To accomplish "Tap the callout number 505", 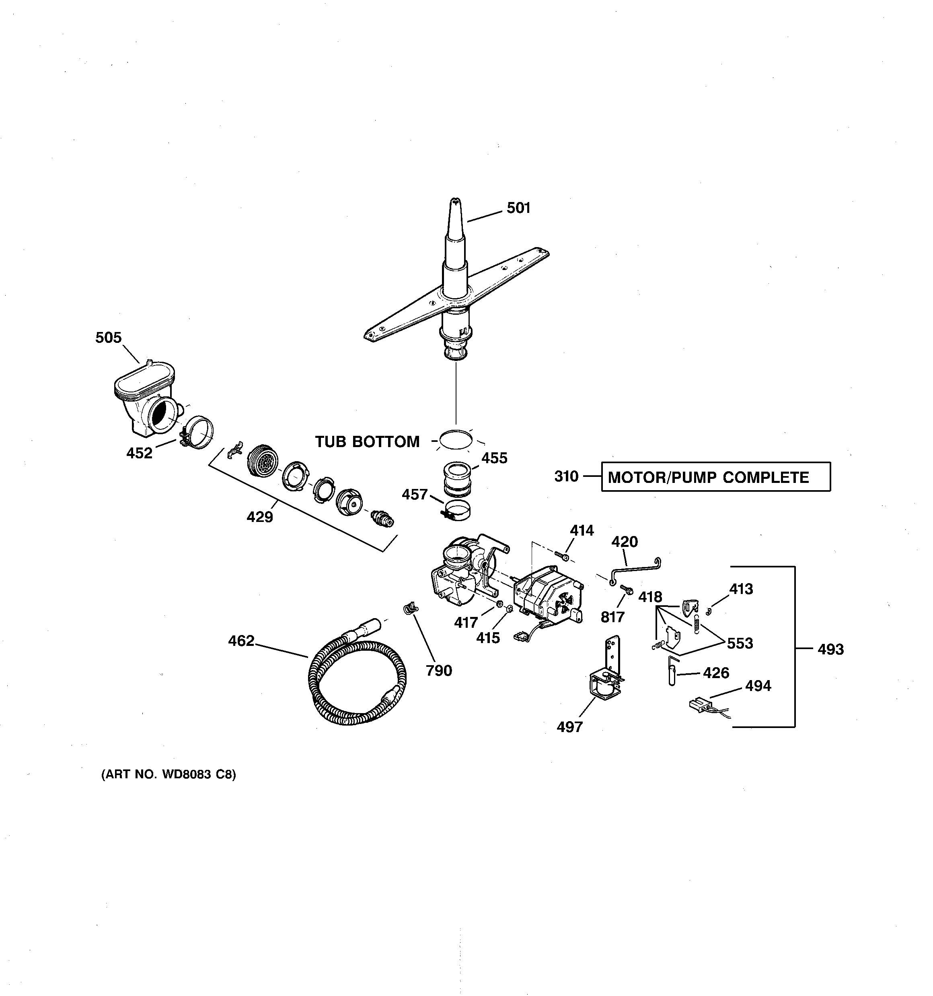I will [x=109, y=338].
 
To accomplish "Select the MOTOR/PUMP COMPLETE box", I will [x=716, y=476].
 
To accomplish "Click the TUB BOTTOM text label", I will [x=367, y=441].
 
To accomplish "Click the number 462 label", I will [x=241, y=641].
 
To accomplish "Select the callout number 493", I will [x=830, y=649].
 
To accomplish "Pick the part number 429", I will [x=259, y=517].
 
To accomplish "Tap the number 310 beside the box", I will [x=566, y=476].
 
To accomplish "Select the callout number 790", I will [x=439, y=670].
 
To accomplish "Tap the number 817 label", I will [x=612, y=617].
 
